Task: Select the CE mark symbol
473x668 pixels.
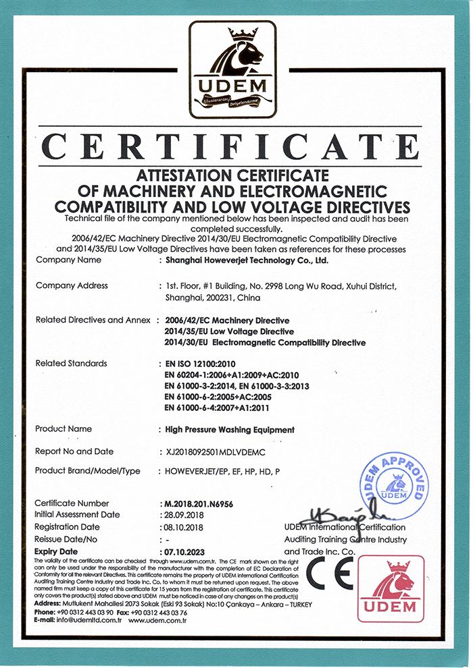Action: tap(329, 575)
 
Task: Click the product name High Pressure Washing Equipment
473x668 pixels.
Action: tap(230, 430)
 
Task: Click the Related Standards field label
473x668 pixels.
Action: tap(71, 364)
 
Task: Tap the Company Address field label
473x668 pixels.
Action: tap(72, 286)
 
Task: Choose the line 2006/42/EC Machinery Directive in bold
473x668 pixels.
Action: tap(227, 321)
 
